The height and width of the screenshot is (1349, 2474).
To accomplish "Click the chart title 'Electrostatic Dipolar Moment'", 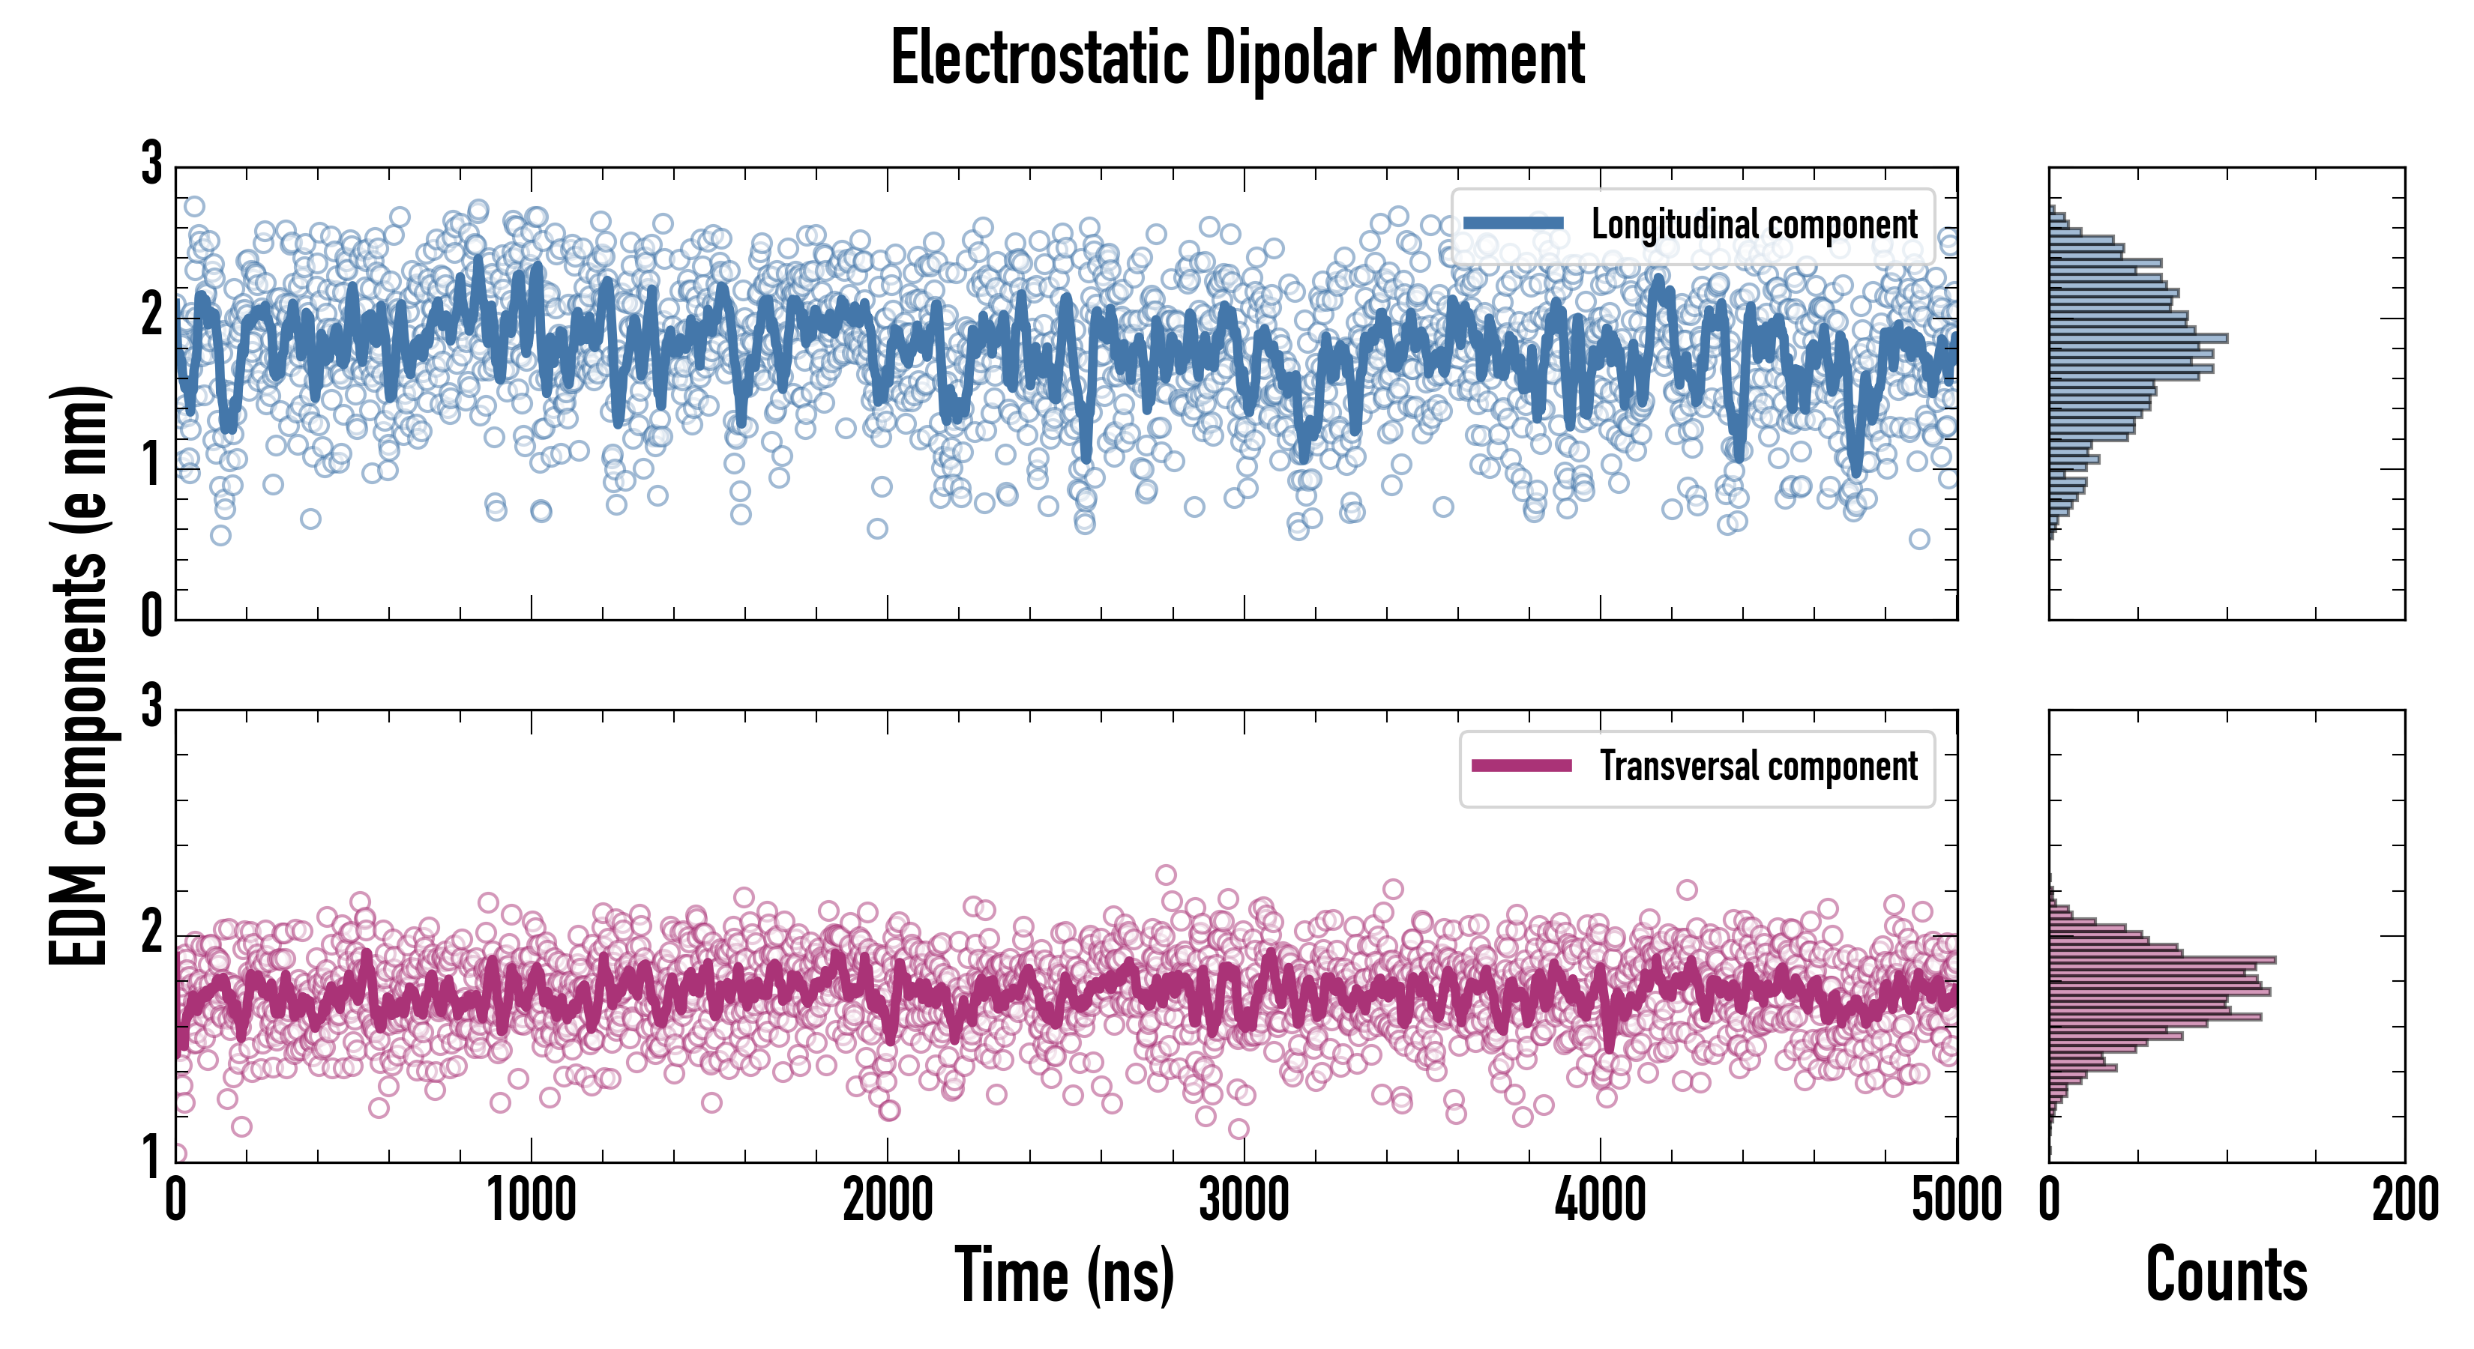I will click(1237, 59).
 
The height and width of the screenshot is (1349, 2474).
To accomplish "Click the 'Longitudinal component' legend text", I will click(1754, 225).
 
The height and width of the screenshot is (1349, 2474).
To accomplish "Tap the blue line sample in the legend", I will click(1514, 224).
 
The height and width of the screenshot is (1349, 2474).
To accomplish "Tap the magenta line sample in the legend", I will click(1521, 766).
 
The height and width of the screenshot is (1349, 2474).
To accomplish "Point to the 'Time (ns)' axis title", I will click(1064, 1275).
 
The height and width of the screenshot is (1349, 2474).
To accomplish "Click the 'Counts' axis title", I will click(2226, 1275).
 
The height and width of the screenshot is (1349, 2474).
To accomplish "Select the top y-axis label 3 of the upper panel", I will click(151, 164).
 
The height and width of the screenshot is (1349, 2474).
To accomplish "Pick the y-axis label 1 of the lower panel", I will click(151, 1157).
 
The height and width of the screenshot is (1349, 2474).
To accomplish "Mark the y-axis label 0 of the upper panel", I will click(151, 615).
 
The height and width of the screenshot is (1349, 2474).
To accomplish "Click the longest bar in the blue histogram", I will click(2138, 338).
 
